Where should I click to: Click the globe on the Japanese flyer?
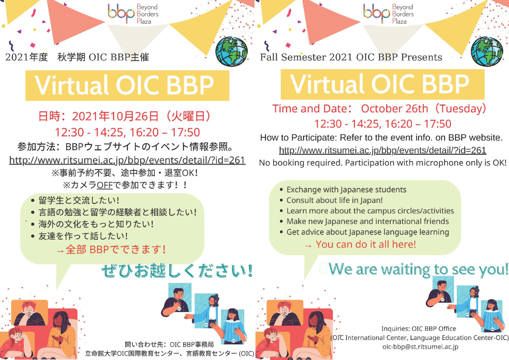click(x=231, y=52)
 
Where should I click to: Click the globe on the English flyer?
click(x=487, y=52)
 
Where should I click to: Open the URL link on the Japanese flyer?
click(x=127, y=160)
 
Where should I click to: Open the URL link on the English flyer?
click(x=383, y=151)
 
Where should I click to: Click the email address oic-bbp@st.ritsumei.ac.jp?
click(x=420, y=347)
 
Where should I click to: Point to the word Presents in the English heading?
click(x=422, y=57)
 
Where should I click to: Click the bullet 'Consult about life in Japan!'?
click(x=335, y=200)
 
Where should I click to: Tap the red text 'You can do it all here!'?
click(x=366, y=244)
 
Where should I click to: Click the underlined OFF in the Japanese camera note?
click(x=104, y=185)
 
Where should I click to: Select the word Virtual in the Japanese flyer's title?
click(x=71, y=85)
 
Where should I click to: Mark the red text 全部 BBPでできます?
click(x=116, y=249)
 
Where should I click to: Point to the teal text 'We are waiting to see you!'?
click(x=418, y=269)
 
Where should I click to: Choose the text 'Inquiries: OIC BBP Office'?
click(x=419, y=329)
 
